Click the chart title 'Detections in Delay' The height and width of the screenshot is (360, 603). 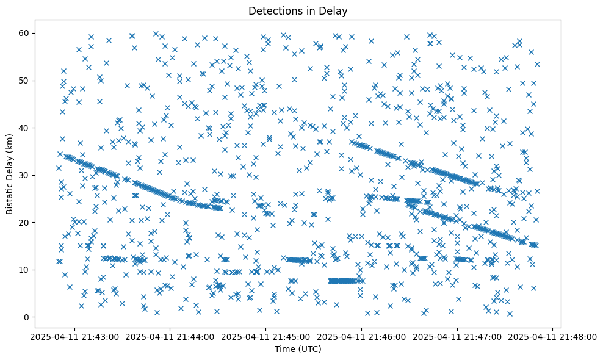[298, 10]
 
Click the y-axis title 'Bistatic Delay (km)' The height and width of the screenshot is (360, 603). [10, 174]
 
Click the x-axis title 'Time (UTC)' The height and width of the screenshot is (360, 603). [298, 349]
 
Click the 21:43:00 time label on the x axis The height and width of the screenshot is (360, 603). [76, 336]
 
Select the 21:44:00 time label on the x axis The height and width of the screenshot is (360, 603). [171, 336]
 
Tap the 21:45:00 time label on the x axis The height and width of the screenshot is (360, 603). [267, 336]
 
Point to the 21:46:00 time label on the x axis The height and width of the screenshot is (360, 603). [362, 336]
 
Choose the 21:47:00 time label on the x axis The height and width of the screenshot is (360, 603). [458, 336]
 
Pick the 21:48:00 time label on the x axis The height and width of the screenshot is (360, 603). [553, 336]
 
